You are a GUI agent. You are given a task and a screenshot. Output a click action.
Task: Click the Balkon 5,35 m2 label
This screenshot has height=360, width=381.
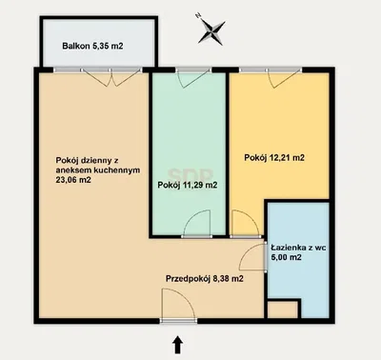92,46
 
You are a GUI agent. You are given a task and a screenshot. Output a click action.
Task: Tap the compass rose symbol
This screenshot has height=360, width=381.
211,31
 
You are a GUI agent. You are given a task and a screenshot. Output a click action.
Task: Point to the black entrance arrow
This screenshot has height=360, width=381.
178,345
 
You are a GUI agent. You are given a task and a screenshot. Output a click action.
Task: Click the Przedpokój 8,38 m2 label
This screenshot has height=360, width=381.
205,279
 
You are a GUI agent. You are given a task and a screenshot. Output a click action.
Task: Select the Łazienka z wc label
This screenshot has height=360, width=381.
298,248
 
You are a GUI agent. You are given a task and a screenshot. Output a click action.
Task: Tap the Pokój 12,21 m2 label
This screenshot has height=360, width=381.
274,157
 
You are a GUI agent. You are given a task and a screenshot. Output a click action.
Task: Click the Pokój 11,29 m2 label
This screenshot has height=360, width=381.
188,185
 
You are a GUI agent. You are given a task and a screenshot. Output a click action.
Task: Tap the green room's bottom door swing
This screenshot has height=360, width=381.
197,223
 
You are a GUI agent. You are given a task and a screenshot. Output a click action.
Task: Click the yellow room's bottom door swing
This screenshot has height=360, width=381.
245,223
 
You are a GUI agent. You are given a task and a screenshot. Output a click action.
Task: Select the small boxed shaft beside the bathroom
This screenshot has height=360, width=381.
283,310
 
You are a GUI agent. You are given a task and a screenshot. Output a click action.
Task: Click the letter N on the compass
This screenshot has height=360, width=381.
199,15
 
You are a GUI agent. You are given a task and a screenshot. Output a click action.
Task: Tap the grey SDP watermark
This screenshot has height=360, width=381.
190,174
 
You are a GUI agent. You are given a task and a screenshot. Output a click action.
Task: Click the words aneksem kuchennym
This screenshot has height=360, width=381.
98,170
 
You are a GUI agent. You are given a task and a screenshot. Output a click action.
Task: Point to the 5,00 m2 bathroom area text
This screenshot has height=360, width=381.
287,257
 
